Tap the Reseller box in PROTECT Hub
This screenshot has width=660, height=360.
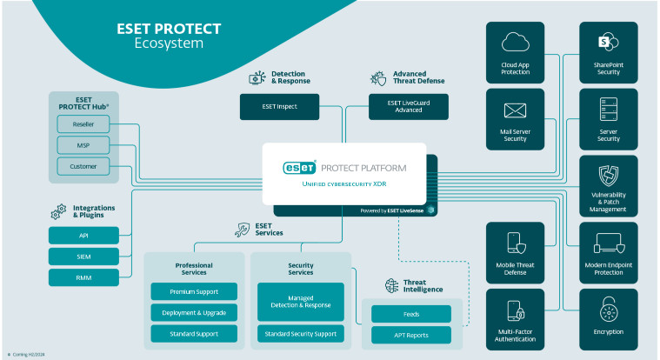(83, 126)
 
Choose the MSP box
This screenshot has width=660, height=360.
(83, 146)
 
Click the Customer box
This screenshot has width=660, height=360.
(83, 166)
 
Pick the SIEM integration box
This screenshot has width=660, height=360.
(83, 257)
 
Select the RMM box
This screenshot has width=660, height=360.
(83, 277)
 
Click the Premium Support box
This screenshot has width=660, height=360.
(195, 291)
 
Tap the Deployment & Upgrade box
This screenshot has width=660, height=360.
(195, 312)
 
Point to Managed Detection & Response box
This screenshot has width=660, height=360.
(301, 301)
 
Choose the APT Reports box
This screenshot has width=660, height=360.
(411, 335)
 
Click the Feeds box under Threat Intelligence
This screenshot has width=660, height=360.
(411, 314)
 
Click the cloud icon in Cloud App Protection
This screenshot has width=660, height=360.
(516, 43)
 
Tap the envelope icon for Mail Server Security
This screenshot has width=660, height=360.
(516, 110)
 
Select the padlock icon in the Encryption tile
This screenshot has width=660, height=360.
(608, 309)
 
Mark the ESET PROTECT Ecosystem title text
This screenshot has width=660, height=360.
(169, 36)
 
